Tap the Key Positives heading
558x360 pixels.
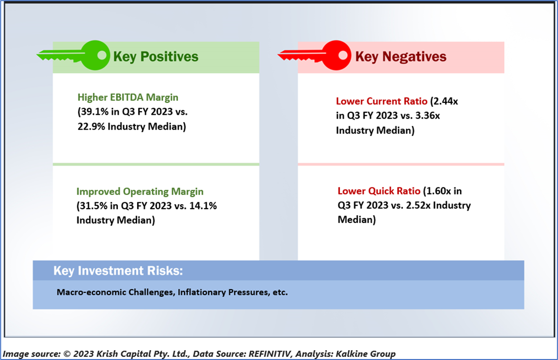tap(156, 56)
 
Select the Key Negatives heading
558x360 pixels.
tap(401, 56)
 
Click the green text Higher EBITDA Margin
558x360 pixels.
tap(128, 97)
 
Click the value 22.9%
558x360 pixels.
tap(92, 126)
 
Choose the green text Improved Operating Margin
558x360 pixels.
tap(140, 191)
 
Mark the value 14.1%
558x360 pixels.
tap(203, 206)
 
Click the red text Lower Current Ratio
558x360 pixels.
tap(381, 101)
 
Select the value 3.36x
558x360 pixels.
tap(428, 116)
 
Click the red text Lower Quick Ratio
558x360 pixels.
tap(379, 191)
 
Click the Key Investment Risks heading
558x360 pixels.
tap(118, 270)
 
